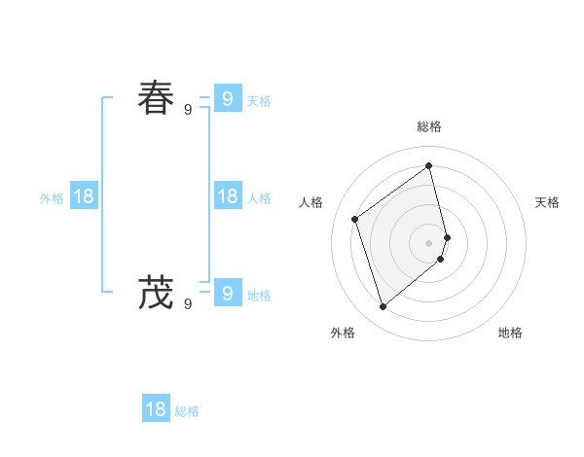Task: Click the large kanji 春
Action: click(156, 98)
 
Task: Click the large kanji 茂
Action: click(156, 292)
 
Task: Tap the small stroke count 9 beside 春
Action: click(188, 110)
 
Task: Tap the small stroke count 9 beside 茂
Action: click(188, 304)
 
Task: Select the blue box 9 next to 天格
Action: click(227, 98)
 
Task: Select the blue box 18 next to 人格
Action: click(227, 196)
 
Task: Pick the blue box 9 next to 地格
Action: click(227, 292)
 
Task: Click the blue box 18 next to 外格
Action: click(84, 196)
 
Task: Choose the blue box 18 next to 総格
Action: click(156, 408)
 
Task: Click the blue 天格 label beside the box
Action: click(259, 100)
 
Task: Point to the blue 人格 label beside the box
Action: click(259, 198)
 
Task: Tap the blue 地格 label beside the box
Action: click(259, 296)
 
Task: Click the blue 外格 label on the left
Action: click(52, 198)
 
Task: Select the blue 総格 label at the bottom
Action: click(187, 411)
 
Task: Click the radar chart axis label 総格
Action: click(429, 126)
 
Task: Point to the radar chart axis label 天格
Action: click(547, 202)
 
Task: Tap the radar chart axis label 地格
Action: click(510, 333)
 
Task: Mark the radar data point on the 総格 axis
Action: click(429, 165)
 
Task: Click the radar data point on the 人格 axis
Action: click(355, 219)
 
